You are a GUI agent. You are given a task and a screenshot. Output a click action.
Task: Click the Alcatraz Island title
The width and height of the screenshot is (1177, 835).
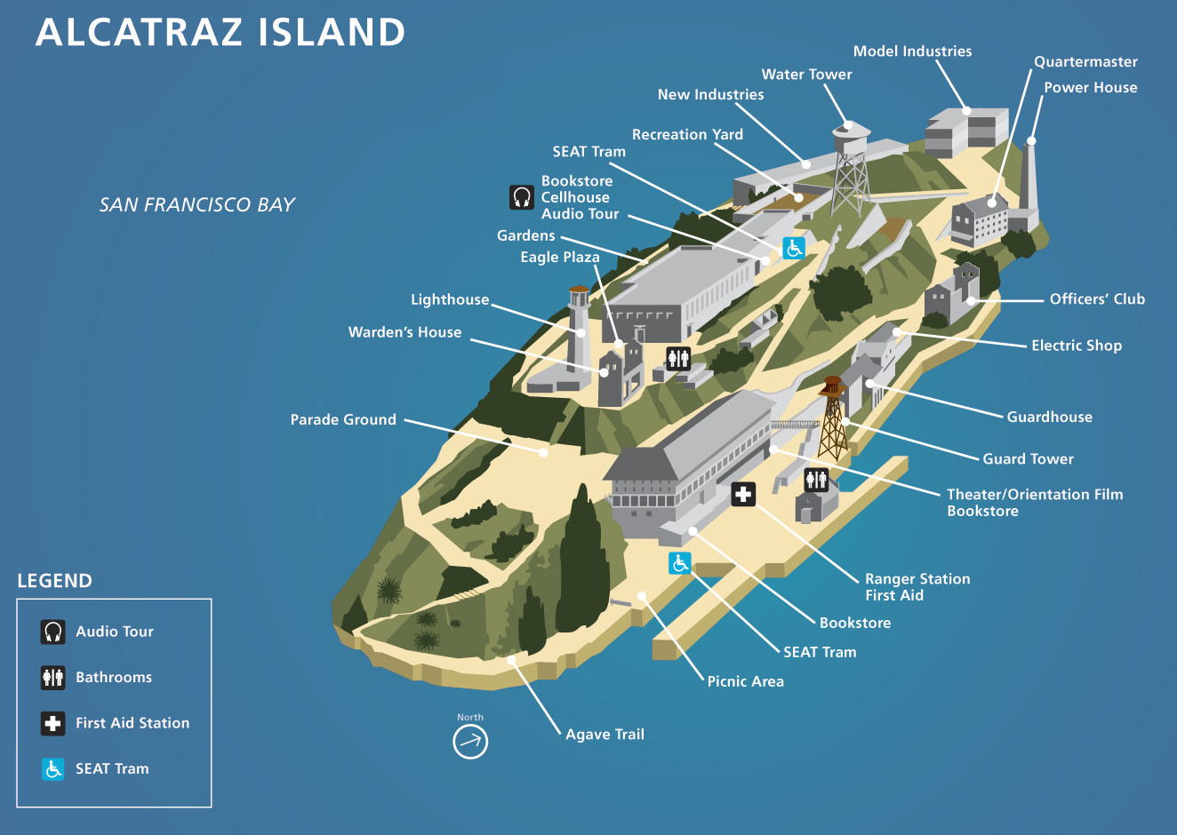click(220, 32)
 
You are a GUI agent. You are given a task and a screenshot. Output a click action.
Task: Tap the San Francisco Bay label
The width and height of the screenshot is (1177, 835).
click(196, 204)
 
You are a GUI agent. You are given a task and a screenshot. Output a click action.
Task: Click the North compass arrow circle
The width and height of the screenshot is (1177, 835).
click(470, 741)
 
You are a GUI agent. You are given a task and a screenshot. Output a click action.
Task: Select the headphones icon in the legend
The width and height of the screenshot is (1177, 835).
click(53, 632)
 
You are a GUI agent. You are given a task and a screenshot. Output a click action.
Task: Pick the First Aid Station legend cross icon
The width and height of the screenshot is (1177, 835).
click(53, 723)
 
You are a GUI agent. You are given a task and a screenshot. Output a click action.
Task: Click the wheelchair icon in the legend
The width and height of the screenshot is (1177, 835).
click(53, 768)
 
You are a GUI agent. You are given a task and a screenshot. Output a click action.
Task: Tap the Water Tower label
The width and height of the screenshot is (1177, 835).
click(806, 75)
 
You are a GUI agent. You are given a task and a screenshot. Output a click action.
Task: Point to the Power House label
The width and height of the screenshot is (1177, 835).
click(1090, 87)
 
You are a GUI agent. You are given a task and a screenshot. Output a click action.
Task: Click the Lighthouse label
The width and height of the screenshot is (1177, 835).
click(450, 299)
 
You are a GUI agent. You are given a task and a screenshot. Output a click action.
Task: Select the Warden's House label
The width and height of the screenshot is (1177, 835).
click(404, 332)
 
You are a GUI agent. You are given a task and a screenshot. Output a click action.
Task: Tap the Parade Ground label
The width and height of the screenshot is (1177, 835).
click(343, 419)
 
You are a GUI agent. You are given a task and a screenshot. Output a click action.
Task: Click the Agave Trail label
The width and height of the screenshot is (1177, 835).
click(605, 734)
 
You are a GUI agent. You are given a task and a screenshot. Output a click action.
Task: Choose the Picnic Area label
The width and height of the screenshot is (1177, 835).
click(745, 681)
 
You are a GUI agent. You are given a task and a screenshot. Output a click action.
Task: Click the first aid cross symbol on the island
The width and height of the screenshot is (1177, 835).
click(743, 494)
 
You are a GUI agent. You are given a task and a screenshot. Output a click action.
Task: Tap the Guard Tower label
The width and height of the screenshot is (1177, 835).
click(1028, 458)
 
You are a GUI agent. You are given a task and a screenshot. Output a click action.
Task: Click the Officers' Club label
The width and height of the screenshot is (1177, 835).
click(1097, 298)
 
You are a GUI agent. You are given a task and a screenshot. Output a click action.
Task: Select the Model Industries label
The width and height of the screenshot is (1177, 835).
click(912, 52)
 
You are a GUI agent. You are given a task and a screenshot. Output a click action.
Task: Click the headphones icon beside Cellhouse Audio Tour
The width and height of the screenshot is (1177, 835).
click(522, 197)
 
